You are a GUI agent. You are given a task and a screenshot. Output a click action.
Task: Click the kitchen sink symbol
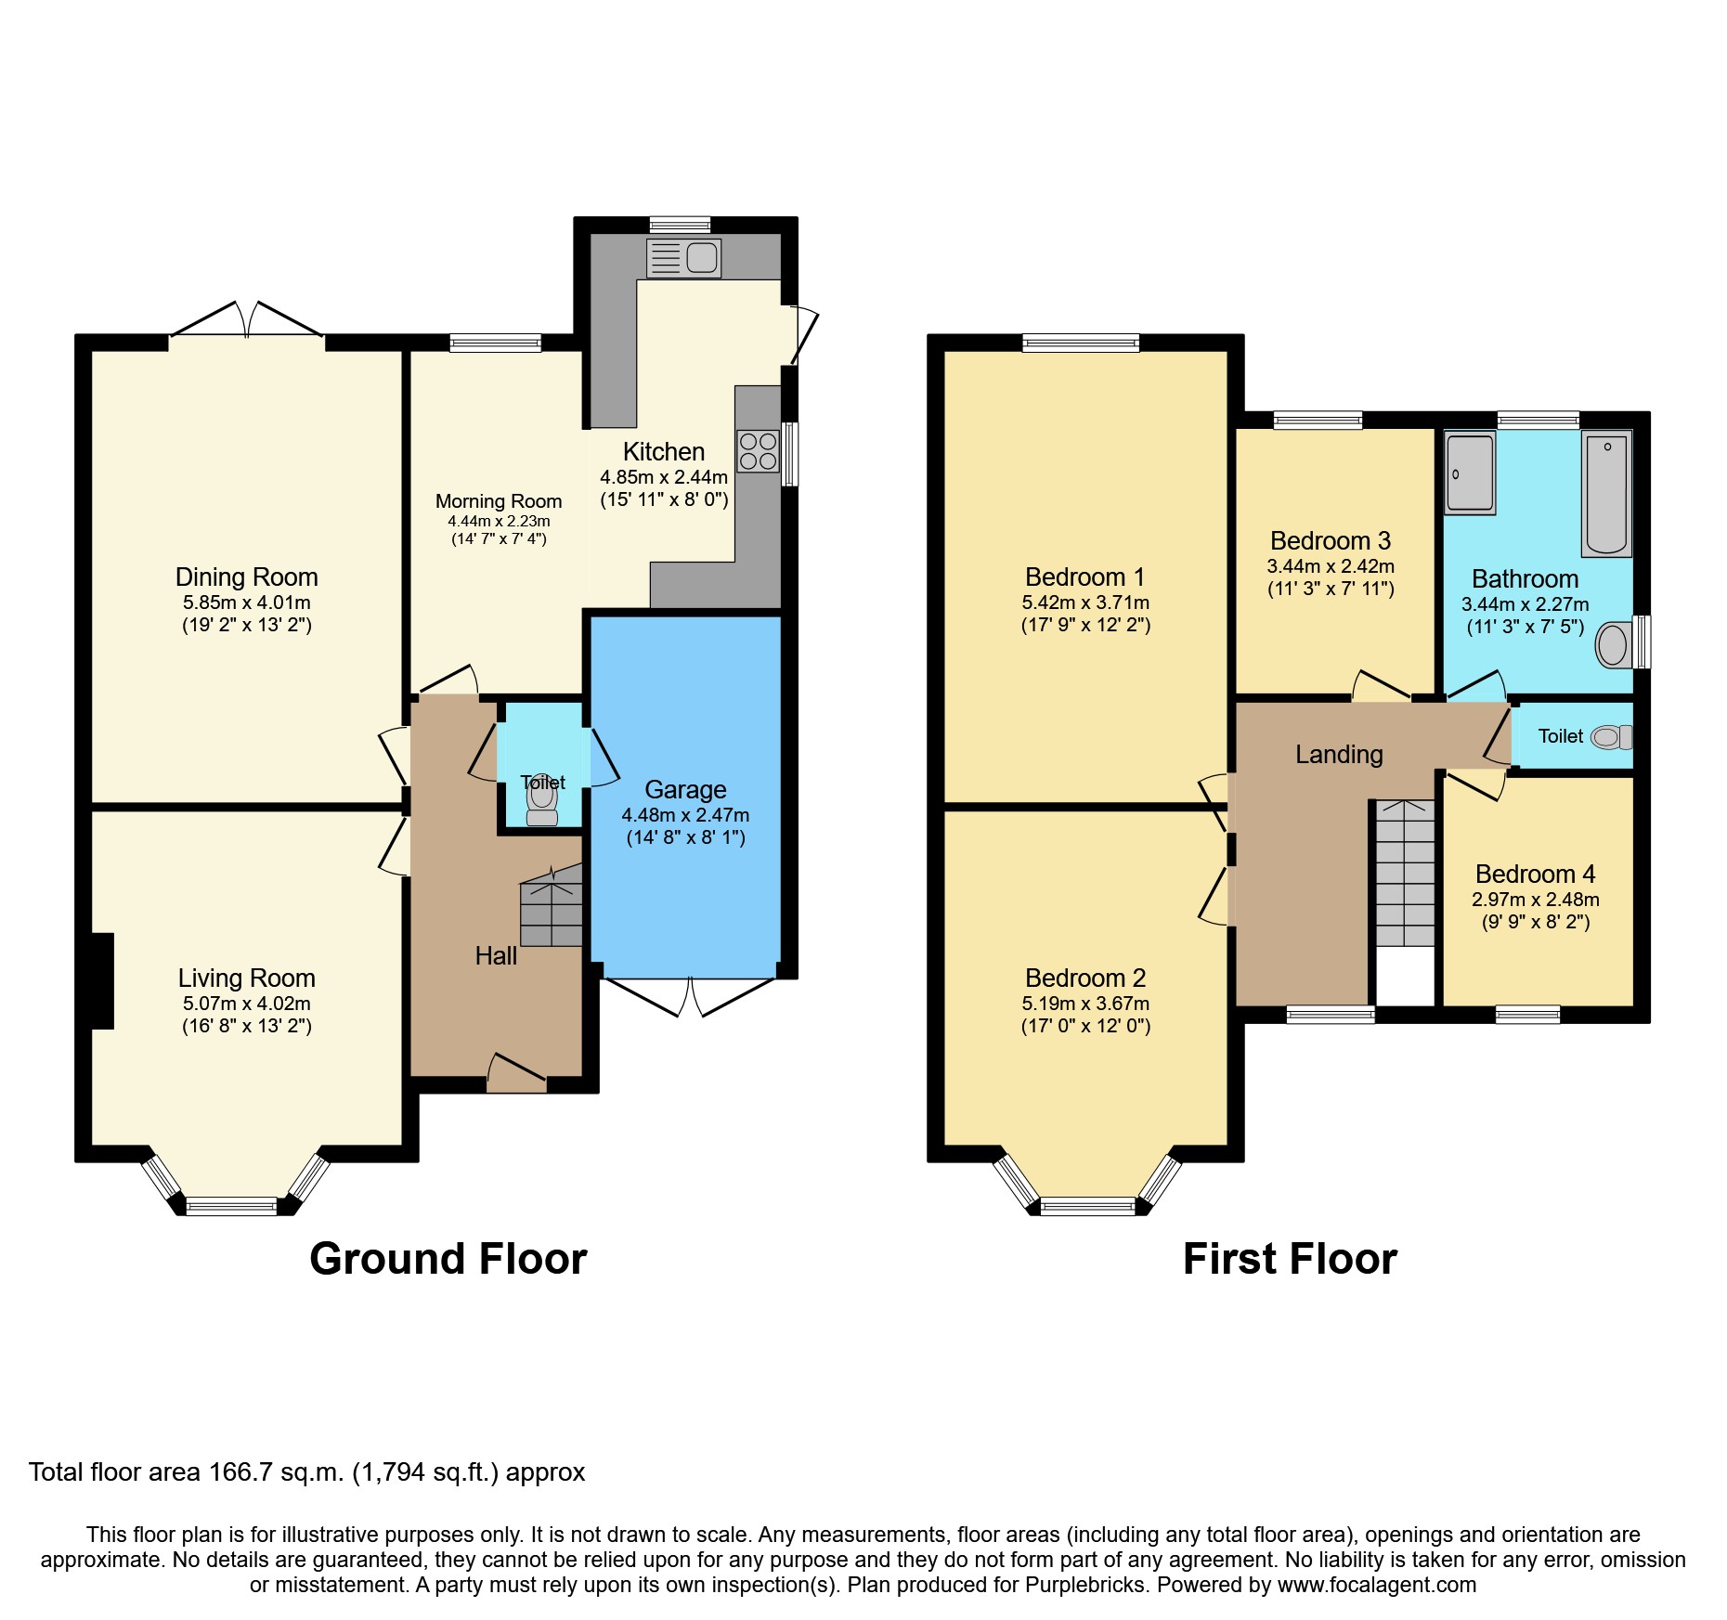[x=684, y=257]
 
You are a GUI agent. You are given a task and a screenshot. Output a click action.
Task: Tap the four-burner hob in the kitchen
[x=758, y=451]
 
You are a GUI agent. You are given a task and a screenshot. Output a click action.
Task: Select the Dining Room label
[x=246, y=577]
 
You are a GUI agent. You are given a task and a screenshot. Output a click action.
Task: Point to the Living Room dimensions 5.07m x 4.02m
[x=246, y=1004]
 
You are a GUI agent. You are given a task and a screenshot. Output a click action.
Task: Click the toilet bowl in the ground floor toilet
[x=542, y=798]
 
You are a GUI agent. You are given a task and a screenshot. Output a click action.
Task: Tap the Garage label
[x=685, y=790]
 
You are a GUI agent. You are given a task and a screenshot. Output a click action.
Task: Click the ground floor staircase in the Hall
[x=552, y=914]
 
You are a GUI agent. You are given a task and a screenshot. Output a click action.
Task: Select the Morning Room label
[x=499, y=501]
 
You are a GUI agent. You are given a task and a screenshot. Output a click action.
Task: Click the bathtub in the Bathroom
[x=1606, y=494]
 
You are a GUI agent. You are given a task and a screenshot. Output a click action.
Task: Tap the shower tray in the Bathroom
[x=1470, y=473]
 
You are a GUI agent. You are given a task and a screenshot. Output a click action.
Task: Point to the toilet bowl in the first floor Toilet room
[x=1610, y=737]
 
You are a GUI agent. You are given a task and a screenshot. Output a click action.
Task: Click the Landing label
[x=1339, y=755]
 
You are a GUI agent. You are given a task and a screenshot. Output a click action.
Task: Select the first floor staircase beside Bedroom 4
[x=1405, y=873]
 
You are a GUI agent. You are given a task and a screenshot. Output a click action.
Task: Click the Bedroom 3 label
[x=1330, y=541]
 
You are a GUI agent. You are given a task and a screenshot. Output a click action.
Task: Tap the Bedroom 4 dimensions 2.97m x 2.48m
[x=1535, y=900]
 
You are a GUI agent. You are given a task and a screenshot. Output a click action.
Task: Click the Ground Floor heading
[x=448, y=1260]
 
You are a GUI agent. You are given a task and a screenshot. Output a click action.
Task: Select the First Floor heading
[x=1289, y=1260]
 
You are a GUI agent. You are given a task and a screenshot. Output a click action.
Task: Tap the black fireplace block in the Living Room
[x=102, y=981]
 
